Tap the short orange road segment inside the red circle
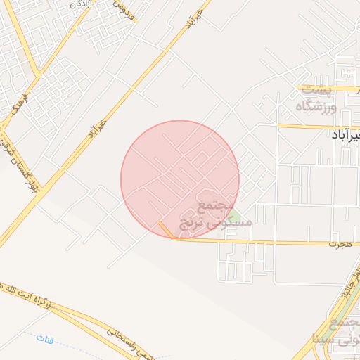(x=166, y=230)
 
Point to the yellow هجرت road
(x=281, y=243)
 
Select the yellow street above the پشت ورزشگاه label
(x=330, y=89)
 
